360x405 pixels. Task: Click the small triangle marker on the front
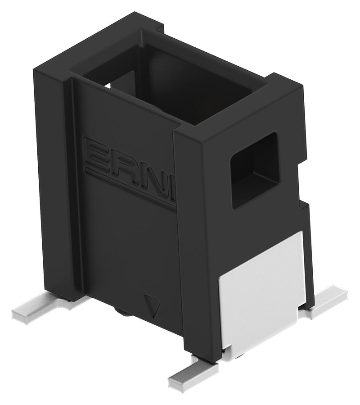[x=153, y=305]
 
